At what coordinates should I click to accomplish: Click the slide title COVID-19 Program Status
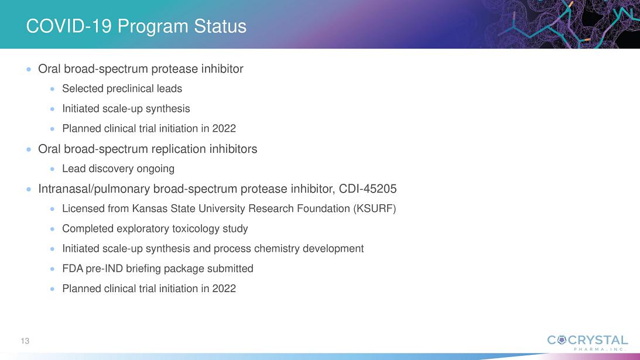(x=136, y=26)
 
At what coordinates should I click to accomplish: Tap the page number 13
(x=25, y=341)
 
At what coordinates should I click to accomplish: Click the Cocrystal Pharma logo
(x=587, y=342)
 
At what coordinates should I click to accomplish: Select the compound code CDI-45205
(x=368, y=188)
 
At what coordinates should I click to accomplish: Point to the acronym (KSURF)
(x=374, y=208)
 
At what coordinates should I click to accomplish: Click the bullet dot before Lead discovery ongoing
(x=52, y=169)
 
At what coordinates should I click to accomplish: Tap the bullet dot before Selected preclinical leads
(x=52, y=88)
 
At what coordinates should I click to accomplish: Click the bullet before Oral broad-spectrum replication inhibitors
(x=29, y=149)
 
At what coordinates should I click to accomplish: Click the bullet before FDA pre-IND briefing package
(x=52, y=269)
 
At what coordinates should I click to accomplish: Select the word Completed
(x=88, y=228)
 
